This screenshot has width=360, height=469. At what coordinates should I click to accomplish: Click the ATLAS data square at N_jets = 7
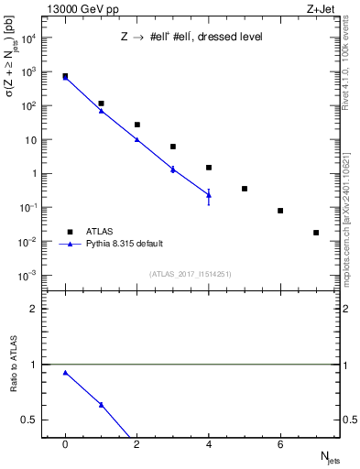coord(316,233)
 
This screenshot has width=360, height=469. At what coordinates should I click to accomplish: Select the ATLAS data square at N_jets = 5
coord(245,189)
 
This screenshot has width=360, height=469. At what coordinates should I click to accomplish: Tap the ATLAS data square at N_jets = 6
coord(280,211)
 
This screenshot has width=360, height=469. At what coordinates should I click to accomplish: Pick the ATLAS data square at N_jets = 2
coord(136,125)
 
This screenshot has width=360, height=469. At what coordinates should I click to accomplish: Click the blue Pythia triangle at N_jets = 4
coord(209,194)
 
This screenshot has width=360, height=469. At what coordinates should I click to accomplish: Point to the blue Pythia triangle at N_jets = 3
coord(173,169)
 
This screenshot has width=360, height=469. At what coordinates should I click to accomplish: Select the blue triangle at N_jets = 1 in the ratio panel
coord(101,405)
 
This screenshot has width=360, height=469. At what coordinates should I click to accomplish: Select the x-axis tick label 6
coord(280,444)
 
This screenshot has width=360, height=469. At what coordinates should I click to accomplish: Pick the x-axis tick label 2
coord(136,444)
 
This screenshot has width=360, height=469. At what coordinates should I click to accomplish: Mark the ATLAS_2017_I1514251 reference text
coord(191,274)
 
